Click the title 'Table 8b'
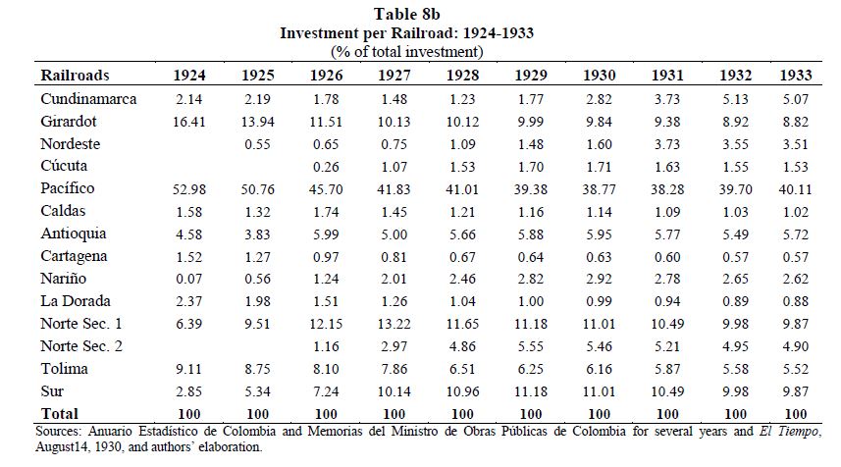(x=406, y=14)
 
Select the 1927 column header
(x=394, y=76)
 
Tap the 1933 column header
(x=796, y=76)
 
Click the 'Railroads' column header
(x=75, y=76)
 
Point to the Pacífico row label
(x=68, y=188)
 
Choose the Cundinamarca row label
(x=88, y=99)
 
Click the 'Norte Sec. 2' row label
(x=81, y=346)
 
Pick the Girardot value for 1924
(x=188, y=122)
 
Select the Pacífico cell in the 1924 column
(x=188, y=189)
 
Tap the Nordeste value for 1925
(x=257, y=144)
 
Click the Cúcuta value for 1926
(x=326, y=167)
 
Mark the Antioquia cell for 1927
(x=394, y=234)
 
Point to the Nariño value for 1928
(x=462, y=279)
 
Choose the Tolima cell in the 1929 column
(x=531, y=369)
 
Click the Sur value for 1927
(x=394, y=391)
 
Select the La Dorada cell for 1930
(x=600, y=301)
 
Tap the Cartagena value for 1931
(x=667, y=257)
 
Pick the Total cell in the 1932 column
(x=735, y=414)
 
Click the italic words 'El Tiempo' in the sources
(x=788, y=431)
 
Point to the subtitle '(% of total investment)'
(x=407, y=52)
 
